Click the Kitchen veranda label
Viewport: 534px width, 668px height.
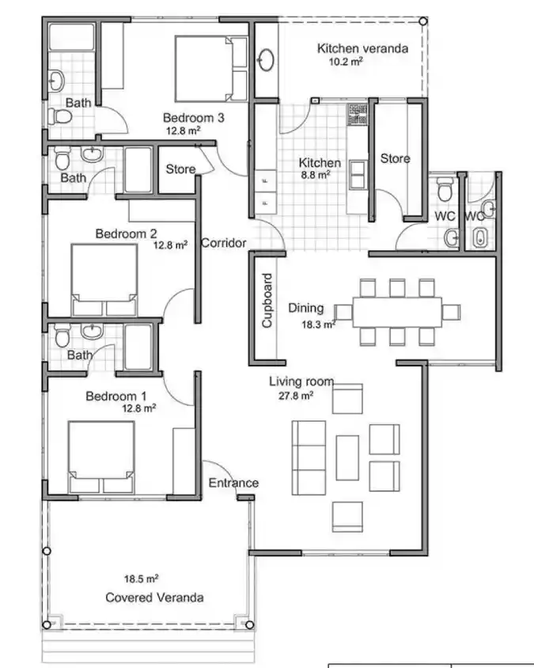[362, 48]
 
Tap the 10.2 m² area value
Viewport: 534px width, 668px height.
[345, 62]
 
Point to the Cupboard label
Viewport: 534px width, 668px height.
[267, 301]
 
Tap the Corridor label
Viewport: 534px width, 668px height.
[223, 243]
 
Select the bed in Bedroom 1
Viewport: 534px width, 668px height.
[101, 450]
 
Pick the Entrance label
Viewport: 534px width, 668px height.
[233, 483]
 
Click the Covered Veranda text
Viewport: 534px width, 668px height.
[154, 598]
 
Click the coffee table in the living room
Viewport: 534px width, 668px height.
[348, 457]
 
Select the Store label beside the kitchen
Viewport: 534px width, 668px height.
[395, 158]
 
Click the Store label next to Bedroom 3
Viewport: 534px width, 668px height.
[180, 169]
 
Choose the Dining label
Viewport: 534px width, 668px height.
[305, 309]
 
